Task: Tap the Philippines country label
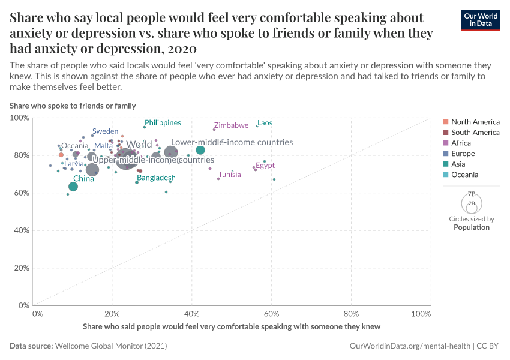pyautogui.click(x=163, y=123)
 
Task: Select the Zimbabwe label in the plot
pyautogui.click(x=231, y=125)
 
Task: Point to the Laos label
pyautogui.click(x=265, y=123)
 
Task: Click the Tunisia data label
pyautogui.click(x=230, y=175)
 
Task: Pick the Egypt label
pyautogui.click(x=265, y=166)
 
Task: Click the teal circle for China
pyautogui.click(x=73, y=187)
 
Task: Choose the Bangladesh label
pyautogui.click(x=156, y=178)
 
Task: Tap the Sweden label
pyautogui.click(x=105, y=131)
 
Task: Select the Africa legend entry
pyautogui.click(x=461, y=143)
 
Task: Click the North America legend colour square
pyautogui.click(x=445, y=122)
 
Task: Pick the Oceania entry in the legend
pyautogui.click(x=464, y=175)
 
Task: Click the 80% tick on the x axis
pyautogui.click(x=351, y=313)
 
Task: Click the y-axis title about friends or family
pyautogui.click(x=73, y=106)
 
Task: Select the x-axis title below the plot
pyautogui.click(x=232, y=326)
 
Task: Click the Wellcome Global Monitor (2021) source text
pyautogui.click(x=110, y=346)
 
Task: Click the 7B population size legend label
pyautogui.click(x=472, y=194)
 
